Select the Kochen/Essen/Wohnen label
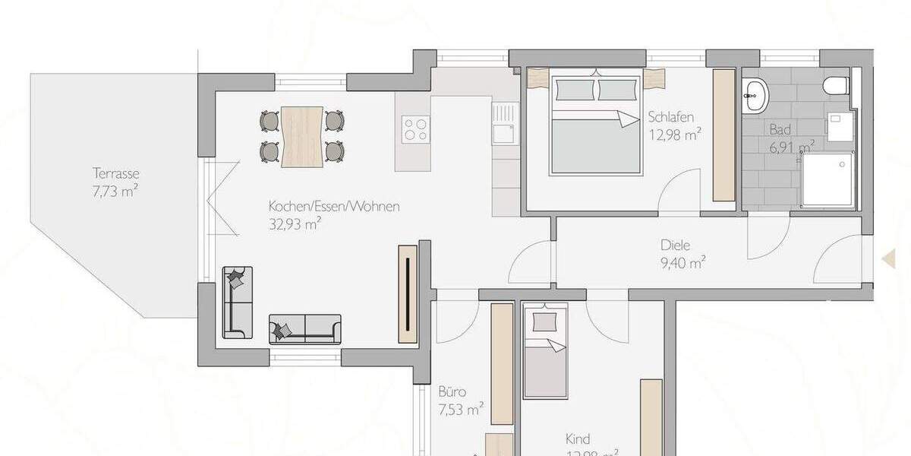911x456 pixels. click(333, 206)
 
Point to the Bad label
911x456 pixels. click(780, 129)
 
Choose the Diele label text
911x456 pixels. click(675, 246)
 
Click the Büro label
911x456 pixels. click(452, 393)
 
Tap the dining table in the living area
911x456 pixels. click(302, 136)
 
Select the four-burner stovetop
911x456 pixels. click(415, 128)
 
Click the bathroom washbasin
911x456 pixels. click(755, 92)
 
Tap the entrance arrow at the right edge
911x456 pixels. click(887, 259)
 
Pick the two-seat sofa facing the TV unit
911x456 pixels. click(304, 329)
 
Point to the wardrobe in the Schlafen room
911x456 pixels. click(723, 135)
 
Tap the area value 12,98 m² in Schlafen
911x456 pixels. click(674, 135)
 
